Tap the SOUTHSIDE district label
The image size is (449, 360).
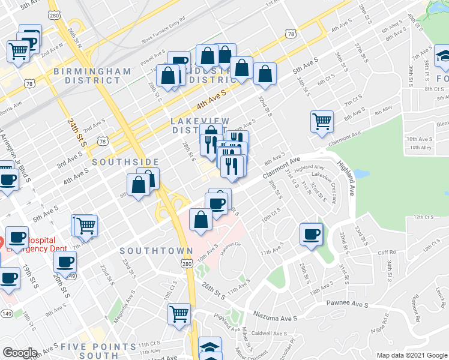pyautogui.click(x=125, y=162)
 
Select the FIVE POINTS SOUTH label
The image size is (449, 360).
pyautogui.click(x=98, y=351)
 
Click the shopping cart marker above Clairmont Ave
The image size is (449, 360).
pyautogui.click(x=322, y=121)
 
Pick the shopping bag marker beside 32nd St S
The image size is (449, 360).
pyautogui.click(x=265, y=74)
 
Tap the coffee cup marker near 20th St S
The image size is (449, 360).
pyautogui.click(x=65, y=261)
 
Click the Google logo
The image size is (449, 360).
pyautogui.click(x=20, y=353)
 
